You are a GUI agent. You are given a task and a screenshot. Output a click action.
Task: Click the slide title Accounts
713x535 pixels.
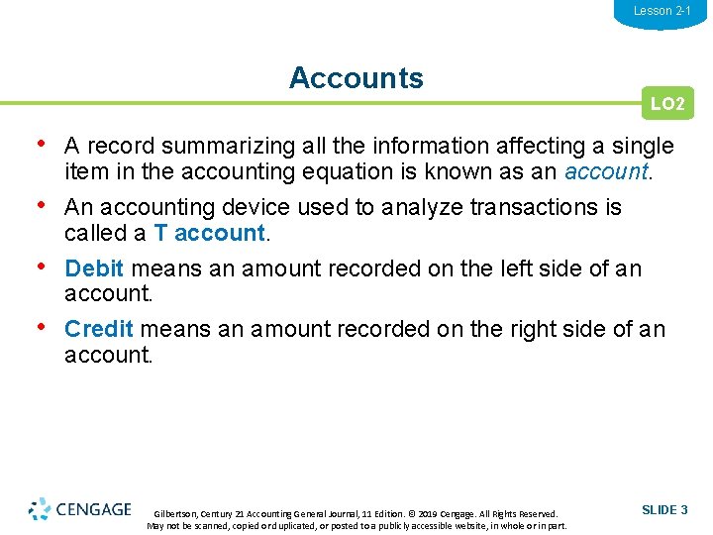[356, 78]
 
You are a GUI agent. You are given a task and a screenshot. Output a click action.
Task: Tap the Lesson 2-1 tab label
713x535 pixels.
[662, 11]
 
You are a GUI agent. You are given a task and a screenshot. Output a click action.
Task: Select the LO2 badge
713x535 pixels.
[666, 103]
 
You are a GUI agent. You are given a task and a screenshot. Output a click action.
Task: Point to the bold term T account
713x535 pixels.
[210, 234]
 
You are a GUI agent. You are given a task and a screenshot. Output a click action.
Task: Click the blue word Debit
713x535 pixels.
[94, 268]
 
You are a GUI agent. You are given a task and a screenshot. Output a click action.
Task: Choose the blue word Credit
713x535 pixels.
[98, 329]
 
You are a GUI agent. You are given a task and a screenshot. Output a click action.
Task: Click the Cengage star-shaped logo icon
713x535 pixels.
[40, 509]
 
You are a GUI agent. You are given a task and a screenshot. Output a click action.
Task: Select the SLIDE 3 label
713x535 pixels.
[664, 509]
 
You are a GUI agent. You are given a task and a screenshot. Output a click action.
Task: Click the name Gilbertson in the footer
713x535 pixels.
[176, 514]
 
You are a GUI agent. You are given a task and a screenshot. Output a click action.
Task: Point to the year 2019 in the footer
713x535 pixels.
[422, 514]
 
